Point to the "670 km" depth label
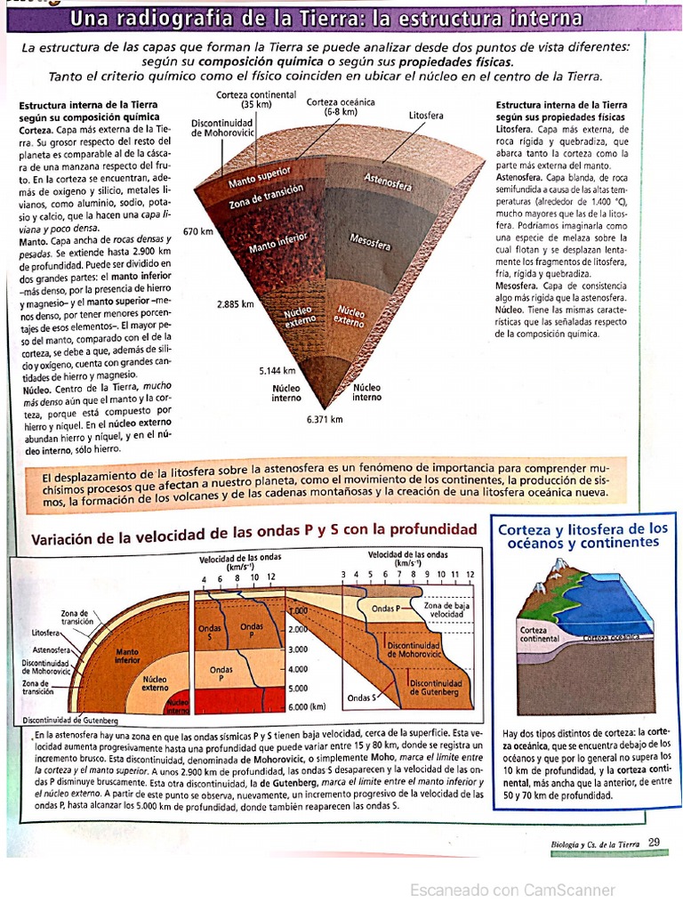tap(198, 231)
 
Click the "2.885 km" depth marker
tap(236, 303)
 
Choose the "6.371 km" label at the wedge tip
tap(324, 419)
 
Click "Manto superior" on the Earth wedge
tap(253, 181)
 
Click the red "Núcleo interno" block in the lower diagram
tap(177, 704)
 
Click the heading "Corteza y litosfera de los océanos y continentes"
tap(582, 536)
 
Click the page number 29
tap(655, 842)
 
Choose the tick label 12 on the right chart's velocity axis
tap(470, 575)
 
